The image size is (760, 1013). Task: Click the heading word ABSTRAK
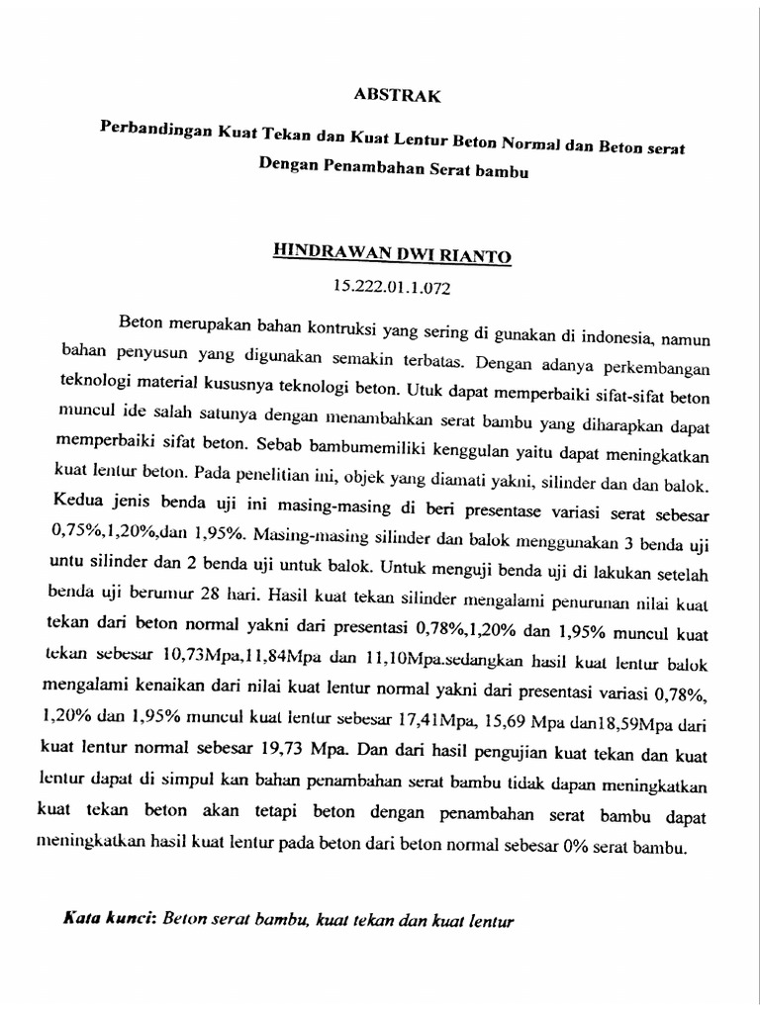pos(397,96)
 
